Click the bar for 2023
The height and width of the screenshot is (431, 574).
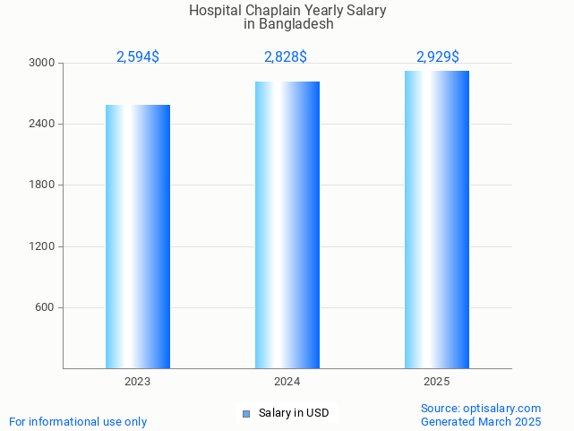tap(138, 237)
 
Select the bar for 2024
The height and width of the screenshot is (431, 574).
tap(287, 225)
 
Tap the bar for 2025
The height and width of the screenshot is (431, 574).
tap(437, 220)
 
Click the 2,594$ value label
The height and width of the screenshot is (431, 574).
tap(138, 57)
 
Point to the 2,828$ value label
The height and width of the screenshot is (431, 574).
tap(286, 57)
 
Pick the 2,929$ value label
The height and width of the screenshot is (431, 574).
tap(438, 57)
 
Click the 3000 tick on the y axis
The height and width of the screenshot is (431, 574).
tap(42, 64)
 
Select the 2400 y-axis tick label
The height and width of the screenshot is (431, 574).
tap(42, 125)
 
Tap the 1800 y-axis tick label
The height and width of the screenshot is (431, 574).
tap(42, 185)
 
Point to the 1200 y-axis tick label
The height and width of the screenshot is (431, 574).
tap(42, 246)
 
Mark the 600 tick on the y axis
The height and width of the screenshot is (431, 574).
tap(45, 307)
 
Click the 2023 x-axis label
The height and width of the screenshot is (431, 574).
tap(137, 382)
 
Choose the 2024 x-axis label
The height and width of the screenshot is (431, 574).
tap(287, 382)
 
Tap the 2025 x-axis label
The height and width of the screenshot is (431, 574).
tap(436, 382)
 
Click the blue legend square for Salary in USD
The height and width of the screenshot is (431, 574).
tap(247, 413)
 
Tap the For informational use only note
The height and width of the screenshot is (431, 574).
tap(78, 422)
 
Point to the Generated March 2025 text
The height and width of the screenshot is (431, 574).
tap(481, 422)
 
